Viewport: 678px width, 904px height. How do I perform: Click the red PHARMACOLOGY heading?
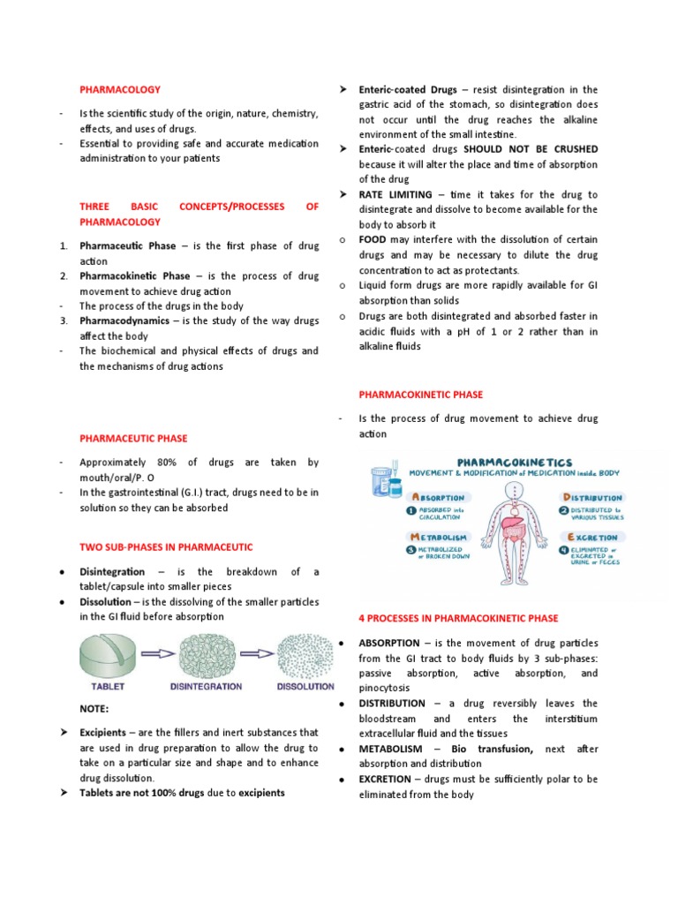tap(120, 89)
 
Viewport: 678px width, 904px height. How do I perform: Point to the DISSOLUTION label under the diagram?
tap(305, 686)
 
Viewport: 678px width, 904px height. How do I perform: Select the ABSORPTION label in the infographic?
tap(436, 498)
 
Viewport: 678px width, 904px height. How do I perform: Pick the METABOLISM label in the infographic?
tap(437, 537)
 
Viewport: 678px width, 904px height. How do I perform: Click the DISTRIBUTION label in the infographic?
tap(594, 498)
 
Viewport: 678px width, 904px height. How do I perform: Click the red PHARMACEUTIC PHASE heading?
tap(133, 438)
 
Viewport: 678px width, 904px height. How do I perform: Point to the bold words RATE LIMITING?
tap(395, 194)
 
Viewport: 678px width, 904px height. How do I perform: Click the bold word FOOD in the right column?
tap(373, 239)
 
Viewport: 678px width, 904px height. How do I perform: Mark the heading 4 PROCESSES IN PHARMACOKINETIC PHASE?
tap(457, 618)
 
